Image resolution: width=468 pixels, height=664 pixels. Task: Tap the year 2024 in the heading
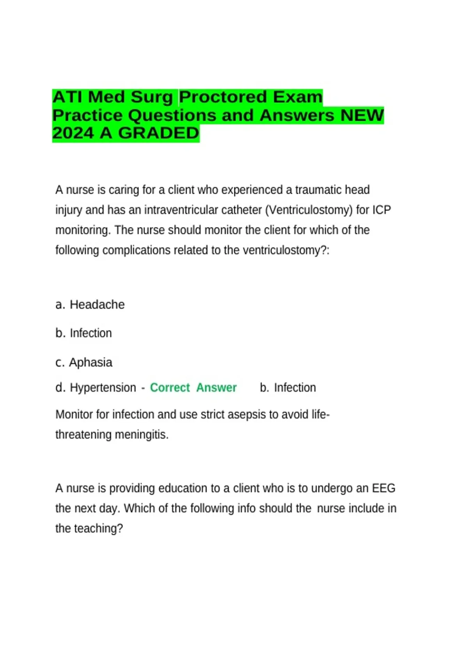[x=73, y=133]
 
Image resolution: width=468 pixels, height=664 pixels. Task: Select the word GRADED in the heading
[x=159, y=133]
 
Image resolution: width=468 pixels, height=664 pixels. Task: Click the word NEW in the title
[x=362, y=115]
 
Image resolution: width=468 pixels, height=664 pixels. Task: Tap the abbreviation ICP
[x=381, y=210]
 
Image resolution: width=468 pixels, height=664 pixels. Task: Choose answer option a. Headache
[x=90, y=305]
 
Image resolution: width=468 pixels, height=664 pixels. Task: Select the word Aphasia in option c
[x=90, y=362]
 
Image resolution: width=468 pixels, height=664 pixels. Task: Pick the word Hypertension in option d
[x=103, y=387]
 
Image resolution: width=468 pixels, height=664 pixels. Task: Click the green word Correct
[x=170, y=387]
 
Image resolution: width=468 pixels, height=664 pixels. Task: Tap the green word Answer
[x=216, y=387]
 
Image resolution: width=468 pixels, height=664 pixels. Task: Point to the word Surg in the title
[x=152, y=97]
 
